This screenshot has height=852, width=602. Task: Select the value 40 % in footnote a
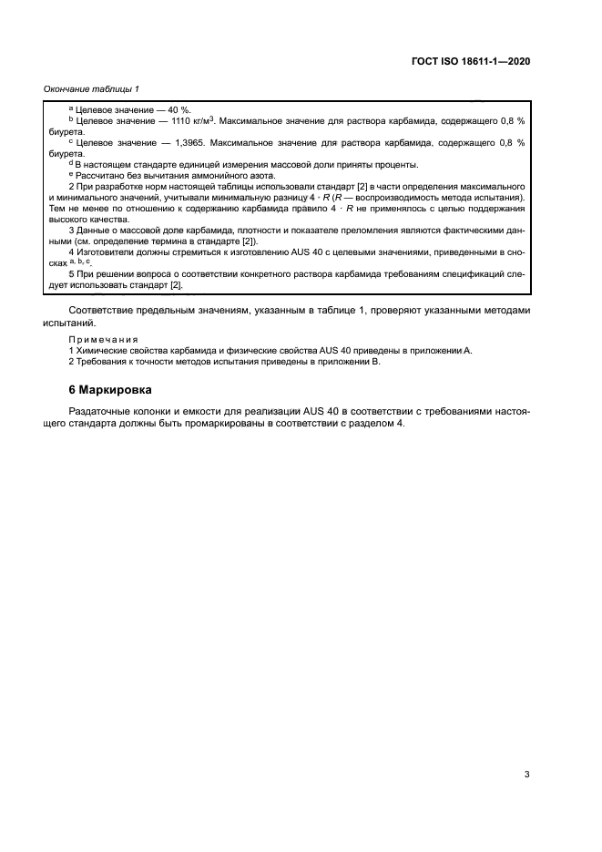(179, 108)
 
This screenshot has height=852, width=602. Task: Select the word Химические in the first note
(101, 350)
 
